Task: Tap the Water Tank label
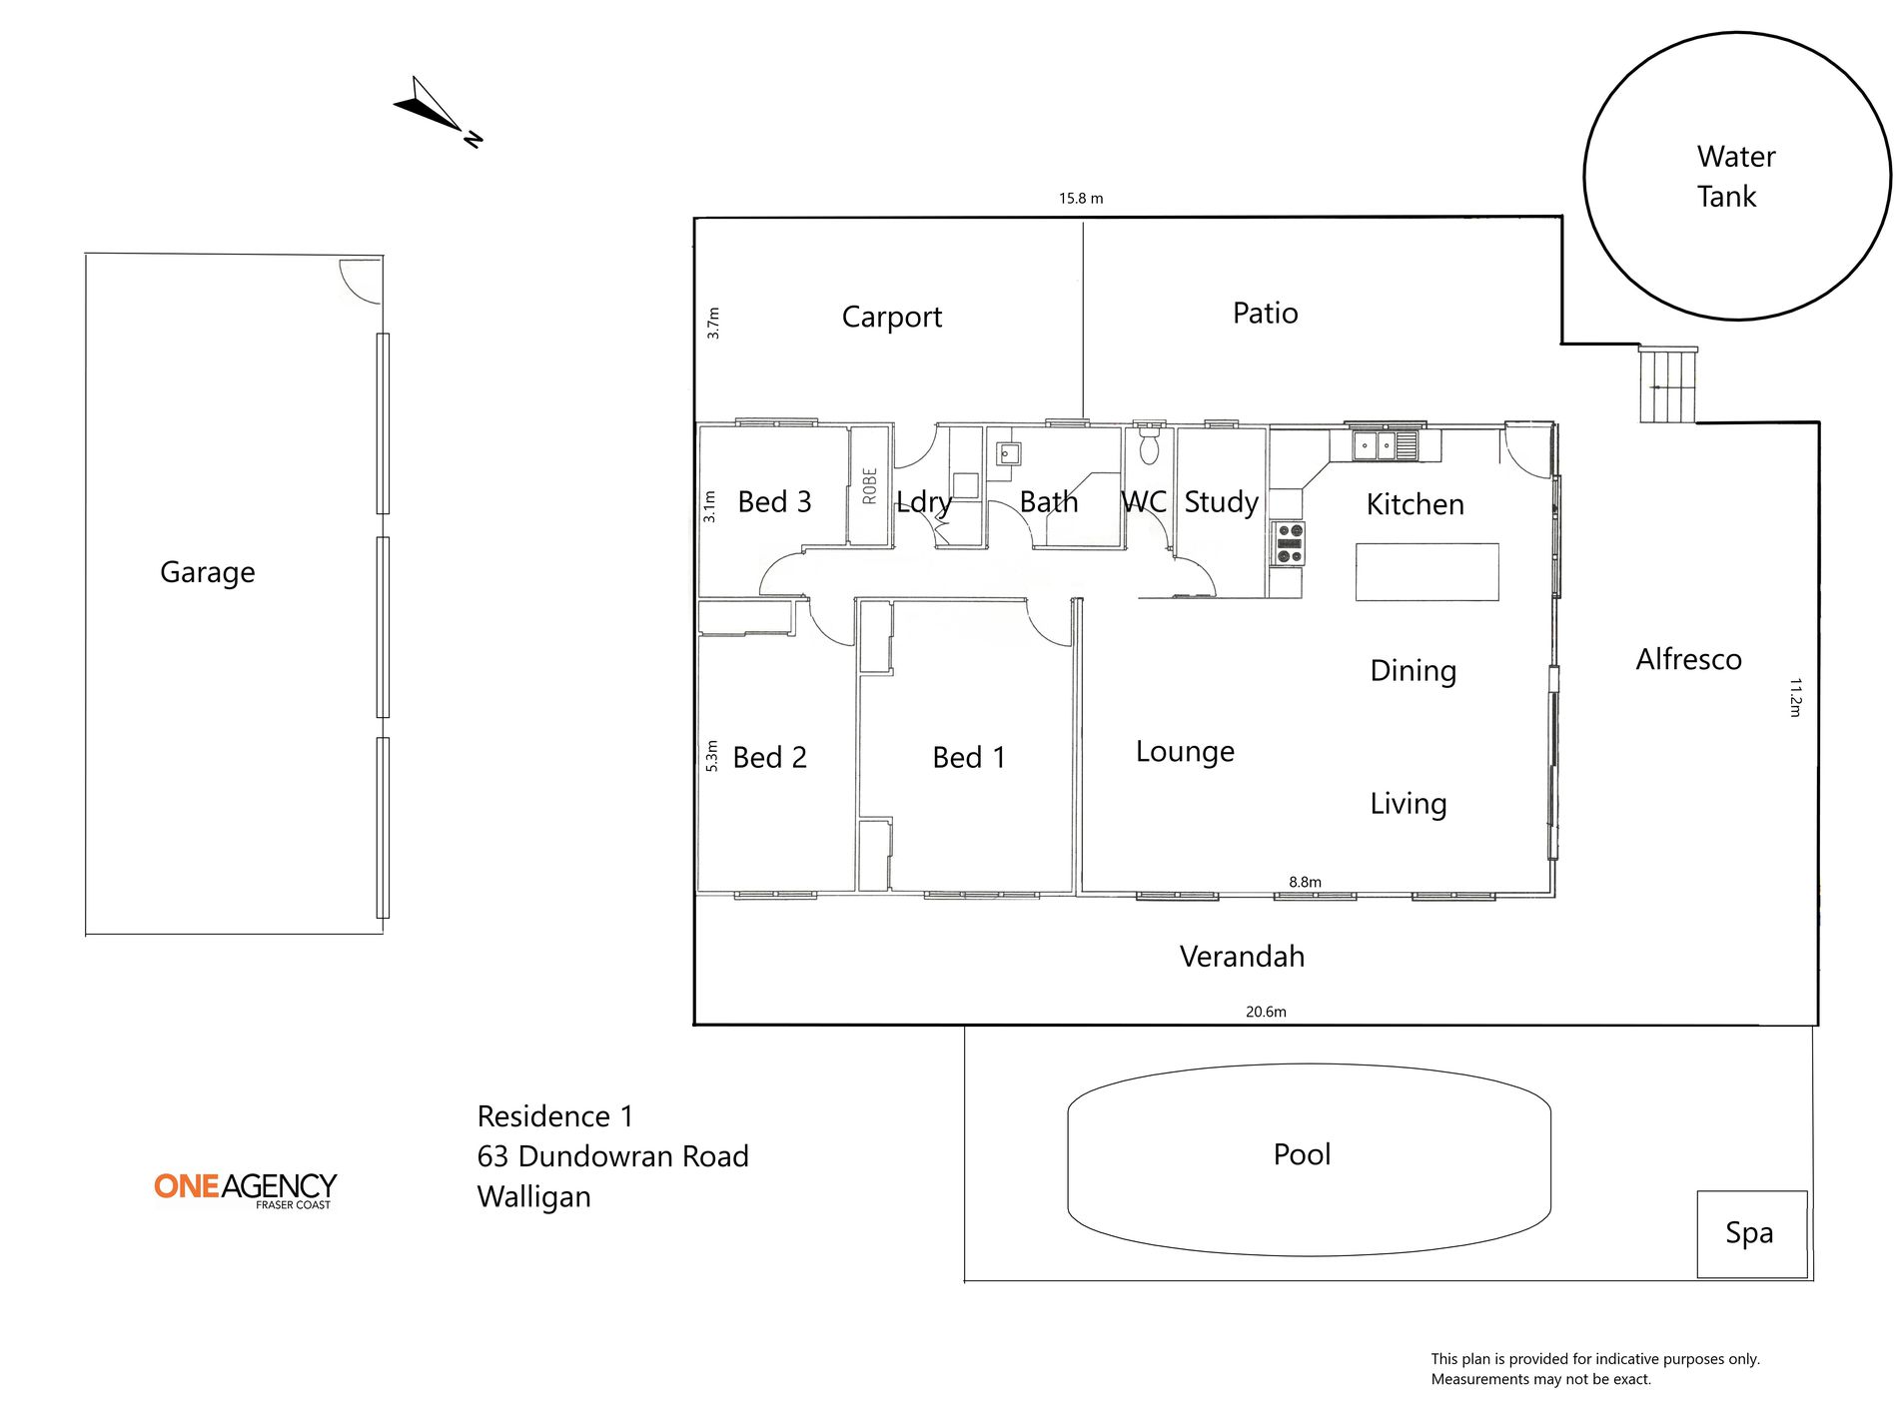(1736, 177)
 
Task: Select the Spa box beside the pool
(1752, 1234)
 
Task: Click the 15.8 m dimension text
(1081, 198)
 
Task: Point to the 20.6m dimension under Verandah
(1266, 1012)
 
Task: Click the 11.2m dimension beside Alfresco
(1795, 697)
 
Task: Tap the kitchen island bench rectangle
(1426, 572)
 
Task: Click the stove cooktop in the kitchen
(1288, 543)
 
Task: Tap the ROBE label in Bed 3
(869, 486)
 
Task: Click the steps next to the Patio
(1667, 384)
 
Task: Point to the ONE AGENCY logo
(246, 1190)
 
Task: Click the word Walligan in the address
(533, 1196)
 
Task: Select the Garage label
(207, 572)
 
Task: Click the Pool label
(1302, 1154)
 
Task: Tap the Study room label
(1221, 502)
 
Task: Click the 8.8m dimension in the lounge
(1305, 882)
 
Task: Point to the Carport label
(891, 318)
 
